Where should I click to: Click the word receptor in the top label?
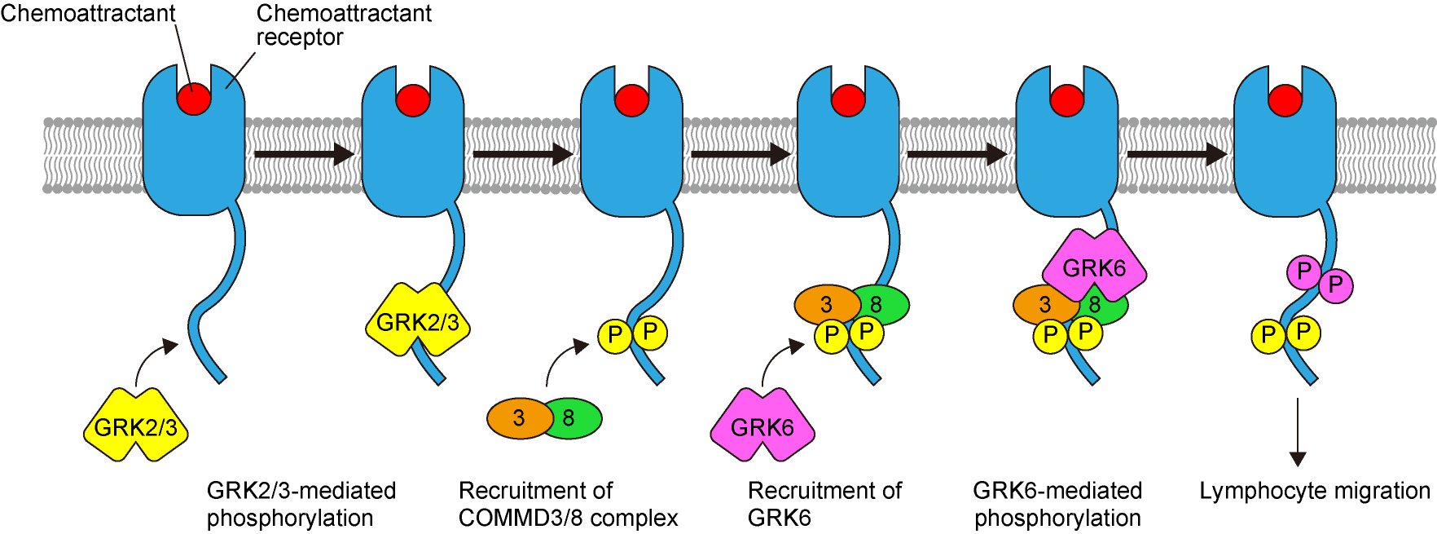tap(300, 38)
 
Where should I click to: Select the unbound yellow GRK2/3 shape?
tap(136, 426)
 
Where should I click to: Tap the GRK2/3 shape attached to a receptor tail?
tap(417, 320)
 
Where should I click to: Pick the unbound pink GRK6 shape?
tap(762, 426)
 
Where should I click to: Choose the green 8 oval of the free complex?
tap(573, 418)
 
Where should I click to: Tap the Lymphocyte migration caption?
tap(1314, 491)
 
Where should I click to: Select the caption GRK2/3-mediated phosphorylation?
tap(301, 504)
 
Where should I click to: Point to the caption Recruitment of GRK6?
tap(824, 504)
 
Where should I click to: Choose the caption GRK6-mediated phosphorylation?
tap(1057, 504)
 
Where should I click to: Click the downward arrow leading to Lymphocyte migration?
tap(1298, 432)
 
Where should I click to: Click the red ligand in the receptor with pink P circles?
tap(1285, 100)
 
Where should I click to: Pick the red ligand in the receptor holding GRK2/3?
tap(413, 100)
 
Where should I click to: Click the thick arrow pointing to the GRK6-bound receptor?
tap(957, 153)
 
